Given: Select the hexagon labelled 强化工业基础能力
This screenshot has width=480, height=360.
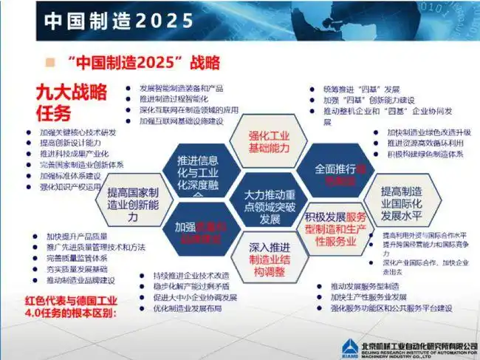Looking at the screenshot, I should [x=267, y=141].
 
